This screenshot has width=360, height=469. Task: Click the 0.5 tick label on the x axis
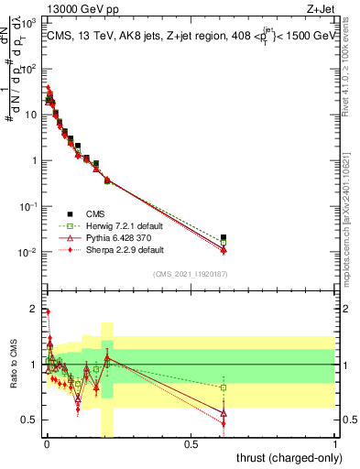coord(191,444)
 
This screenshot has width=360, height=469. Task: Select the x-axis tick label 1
coord(336,444)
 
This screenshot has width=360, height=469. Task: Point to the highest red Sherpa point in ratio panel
coord(48,312)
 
